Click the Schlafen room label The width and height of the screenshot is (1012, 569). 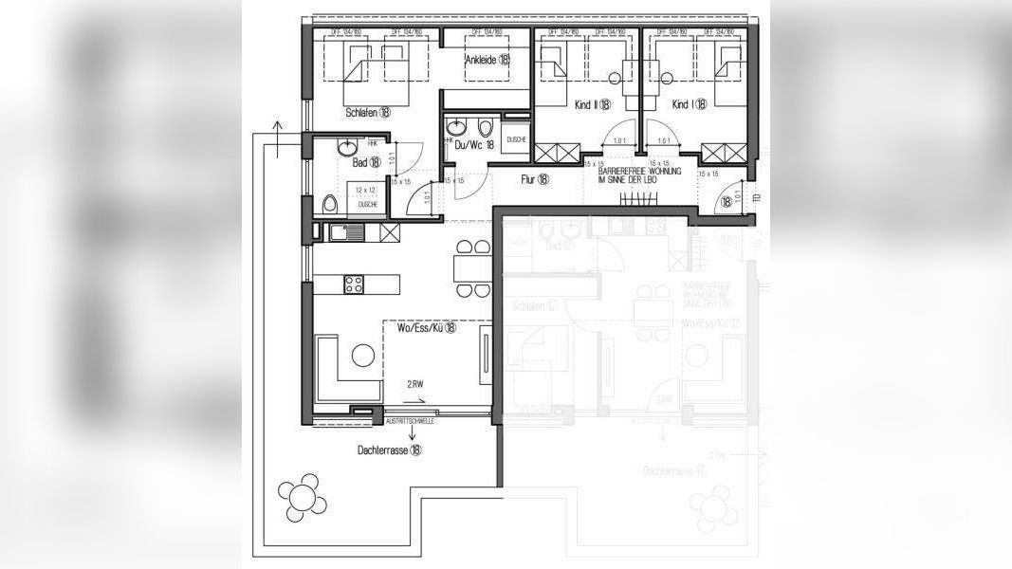pyautogui.click(x=368, y=112)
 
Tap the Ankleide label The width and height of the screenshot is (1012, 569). pyautogui.click(x=487, y=60)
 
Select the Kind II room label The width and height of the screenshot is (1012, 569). pyautogui.click(x=592, y=105)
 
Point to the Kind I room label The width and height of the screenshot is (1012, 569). pyautogui.click(x=689, y=104)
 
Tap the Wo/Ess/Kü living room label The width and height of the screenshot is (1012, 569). pyautogui.click(x=427, y=328)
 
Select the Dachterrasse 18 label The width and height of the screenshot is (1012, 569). pyautogui.click(x=390, y=450)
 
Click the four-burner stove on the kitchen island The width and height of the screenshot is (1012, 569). pyautogui.click(x=354, y=284)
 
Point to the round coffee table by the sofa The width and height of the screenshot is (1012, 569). pyautogui.click(x=363, y=357)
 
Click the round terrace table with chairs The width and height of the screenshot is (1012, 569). pyautogui.click(x=303, y=496)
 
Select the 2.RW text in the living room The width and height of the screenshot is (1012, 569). pyautogui.click(x=414, y=387)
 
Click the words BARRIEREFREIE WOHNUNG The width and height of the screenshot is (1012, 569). pyautogui.click(x=640, y=171)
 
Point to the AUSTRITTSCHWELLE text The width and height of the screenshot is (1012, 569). pyautogui.click(x=411, y=420)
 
